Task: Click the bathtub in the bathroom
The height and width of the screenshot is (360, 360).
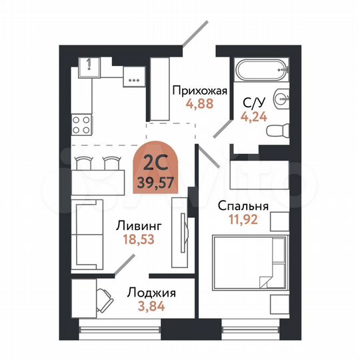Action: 261,70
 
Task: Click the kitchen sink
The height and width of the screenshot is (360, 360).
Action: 88,66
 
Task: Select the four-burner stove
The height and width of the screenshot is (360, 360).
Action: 82,123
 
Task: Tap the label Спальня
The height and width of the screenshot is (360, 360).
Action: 242,207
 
